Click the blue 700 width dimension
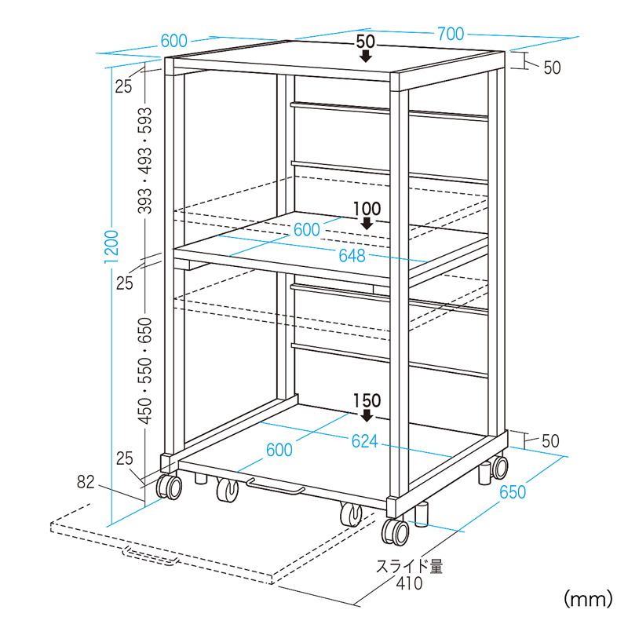pyautogui.click(x=451, y=34)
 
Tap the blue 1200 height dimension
pyautogui.click(x=111, y=246)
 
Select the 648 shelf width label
pyautogui.click(x=352, y=256)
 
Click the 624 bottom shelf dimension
pyautogui.click(x=364, y=441)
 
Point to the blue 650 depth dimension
pyautogui.click(x=513, y=492)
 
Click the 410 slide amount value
pyautogui.click(x=409, y=583)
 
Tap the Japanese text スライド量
pyautogui.click(x=409, y=566)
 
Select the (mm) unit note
pyautogui.click(x=588, y=599)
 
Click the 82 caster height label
pyautogui.click(x=86, y=482)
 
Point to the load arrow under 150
pyautogui.click(x=367, y=416)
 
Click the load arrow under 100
pyautogui.click(x=367, y=224)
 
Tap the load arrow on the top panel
pyautogui.click(x=365, y=56)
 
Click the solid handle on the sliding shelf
pyautogui.click(x=276, y=485)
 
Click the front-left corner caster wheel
pyautogui.click(x=169, y=487)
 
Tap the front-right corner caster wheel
pyautogui.click(x=396, y=532)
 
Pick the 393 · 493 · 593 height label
pyautogui.click(x=144, y=160)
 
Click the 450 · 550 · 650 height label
pyautogui.click(x=144, y=371)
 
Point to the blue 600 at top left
pyautogui.click(x=173, y=41)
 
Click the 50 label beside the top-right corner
pyautogui.click(x=552, y=68)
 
